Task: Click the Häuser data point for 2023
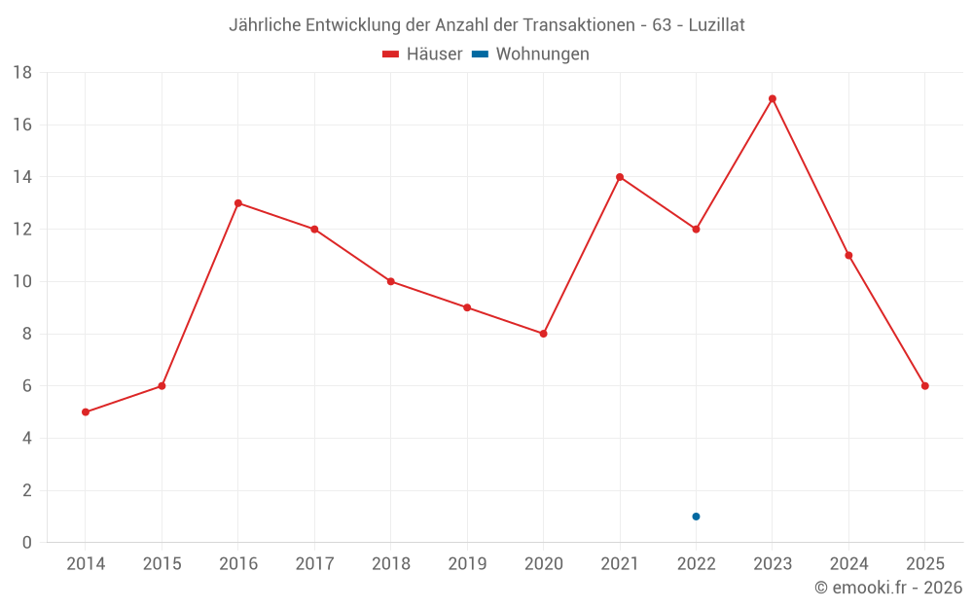pos(773,98)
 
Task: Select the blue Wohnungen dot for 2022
pos(696,517)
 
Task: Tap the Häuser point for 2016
pos(238,203)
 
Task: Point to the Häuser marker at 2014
pos(86,412)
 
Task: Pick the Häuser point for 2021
pos(620,177)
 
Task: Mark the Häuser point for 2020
pos(544,334)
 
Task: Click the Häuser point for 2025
pos(925,386)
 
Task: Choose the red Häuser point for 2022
pos(696,230)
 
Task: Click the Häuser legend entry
pos(422,54)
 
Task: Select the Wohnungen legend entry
pos(531,54)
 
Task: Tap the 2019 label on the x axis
pos(467,564)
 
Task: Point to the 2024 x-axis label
pos(848,564)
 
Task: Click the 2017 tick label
pos(314,564)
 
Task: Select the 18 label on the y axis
pos(22,73)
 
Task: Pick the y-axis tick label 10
pos(22,282)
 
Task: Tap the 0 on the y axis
pos(27,543)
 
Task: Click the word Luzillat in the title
pos(716,25)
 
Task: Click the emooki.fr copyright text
pos(888,588)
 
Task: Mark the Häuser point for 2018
pos(391,282)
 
